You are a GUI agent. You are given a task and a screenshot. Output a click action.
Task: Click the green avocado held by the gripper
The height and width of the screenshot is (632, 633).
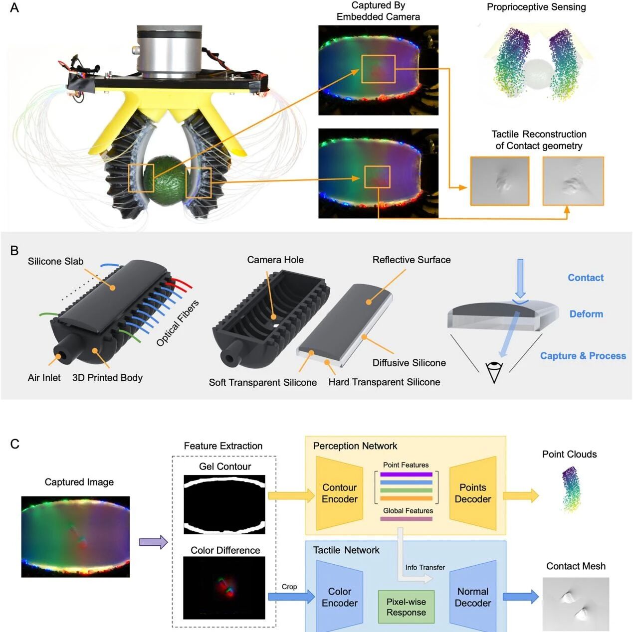click(165, 180)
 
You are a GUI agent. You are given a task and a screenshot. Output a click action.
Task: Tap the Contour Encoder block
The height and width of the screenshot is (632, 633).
click(339, 493)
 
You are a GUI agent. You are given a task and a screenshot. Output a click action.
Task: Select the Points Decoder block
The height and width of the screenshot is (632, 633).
click(473, 493)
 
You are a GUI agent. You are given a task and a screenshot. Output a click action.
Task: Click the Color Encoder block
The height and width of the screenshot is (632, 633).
click(339, 597)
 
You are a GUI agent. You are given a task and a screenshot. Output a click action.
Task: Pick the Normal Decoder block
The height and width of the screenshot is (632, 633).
click(473, 597)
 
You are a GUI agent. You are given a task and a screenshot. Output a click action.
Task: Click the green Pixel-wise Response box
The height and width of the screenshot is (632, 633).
click(406, 607)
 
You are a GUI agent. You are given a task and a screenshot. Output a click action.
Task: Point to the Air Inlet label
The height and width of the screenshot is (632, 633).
click(44, 378)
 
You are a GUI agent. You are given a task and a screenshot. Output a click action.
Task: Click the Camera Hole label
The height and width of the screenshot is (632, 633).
click(275, 260)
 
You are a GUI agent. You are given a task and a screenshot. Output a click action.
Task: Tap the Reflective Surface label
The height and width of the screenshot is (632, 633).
click(412, 260)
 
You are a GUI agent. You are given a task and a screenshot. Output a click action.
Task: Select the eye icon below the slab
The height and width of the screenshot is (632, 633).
click(494, 371)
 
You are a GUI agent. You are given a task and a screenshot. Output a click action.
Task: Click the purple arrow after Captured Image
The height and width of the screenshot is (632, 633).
click(153, 542)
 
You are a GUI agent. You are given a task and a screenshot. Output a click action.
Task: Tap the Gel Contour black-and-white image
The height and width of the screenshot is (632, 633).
click(224, 504)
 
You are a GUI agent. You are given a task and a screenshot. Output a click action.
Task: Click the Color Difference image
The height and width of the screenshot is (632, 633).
click(224, 588)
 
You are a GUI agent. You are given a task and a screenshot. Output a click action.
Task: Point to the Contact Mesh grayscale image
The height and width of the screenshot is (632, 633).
click(576, 604)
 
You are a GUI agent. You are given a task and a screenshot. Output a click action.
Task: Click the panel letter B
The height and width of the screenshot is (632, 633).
click(14, 251)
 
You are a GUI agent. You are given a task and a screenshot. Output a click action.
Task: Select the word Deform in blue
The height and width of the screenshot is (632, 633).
click(586, 314)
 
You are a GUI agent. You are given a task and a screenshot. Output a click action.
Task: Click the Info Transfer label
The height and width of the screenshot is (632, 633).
click(425, 567)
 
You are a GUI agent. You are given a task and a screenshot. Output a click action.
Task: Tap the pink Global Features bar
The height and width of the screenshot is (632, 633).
click(406, 519)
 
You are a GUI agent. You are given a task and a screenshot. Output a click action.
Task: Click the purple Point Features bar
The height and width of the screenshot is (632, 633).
click(406, 474)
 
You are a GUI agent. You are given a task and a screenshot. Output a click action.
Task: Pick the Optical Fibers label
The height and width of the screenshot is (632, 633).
click(177, 323)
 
